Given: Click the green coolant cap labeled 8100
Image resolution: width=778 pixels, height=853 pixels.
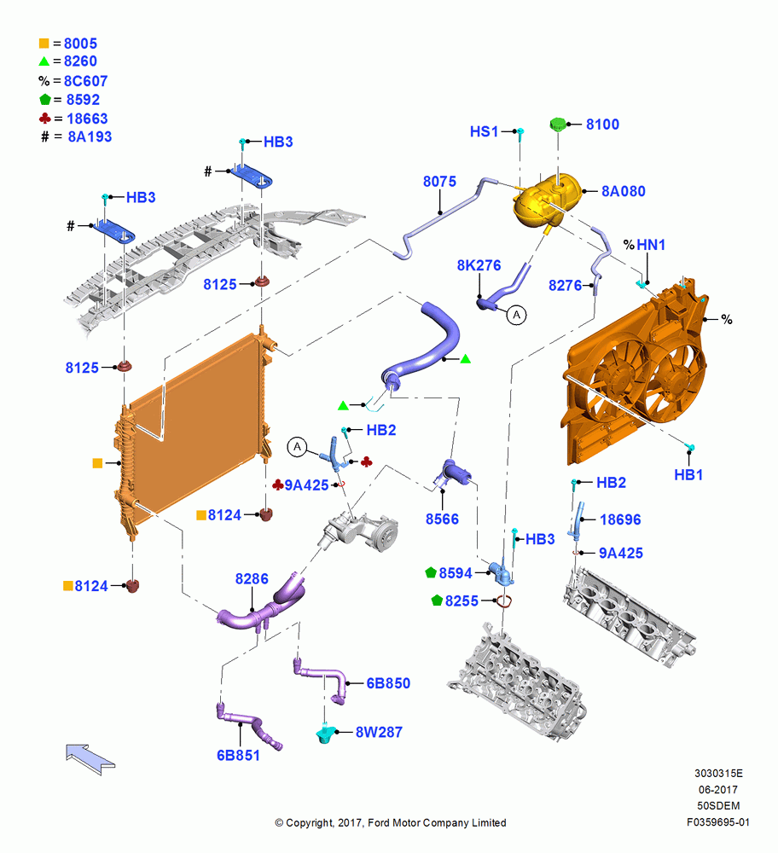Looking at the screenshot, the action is click(x=558, y=124).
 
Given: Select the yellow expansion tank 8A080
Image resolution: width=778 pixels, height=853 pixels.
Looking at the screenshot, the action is click(x=544, y=201).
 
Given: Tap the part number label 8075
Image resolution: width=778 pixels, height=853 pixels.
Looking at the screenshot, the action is click(x=439, y=181).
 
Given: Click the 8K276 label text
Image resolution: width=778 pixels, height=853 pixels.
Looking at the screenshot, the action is click(x=479, y=265).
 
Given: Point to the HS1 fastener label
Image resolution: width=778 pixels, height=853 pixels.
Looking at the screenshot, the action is click(x=485, y=131).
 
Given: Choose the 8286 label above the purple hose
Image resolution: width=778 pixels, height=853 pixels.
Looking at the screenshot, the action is click(x=252, y=578).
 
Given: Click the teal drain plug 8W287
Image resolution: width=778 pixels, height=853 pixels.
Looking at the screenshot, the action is click(x=324, y=734).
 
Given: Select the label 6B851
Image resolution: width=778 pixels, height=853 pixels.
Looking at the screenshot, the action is click(x=238, y=755).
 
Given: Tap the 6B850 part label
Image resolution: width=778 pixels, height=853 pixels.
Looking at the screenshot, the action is click(x=388, y=683).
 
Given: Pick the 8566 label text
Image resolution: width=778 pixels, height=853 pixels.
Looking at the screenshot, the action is click(x=443, y=519).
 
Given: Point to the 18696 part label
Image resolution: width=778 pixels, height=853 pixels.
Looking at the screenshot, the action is click(x=620, y=519).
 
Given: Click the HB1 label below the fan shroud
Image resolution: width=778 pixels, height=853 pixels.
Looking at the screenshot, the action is click(x=688, y=475).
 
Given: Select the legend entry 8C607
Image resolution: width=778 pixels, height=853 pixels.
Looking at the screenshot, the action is click(x=86, y=81).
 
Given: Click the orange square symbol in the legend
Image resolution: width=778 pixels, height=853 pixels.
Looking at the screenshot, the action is click(x=44, y=43).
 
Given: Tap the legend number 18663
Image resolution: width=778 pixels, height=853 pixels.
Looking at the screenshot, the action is click(x=87, y=119).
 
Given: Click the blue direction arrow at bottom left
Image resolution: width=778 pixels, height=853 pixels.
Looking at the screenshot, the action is click(x=90, y=759).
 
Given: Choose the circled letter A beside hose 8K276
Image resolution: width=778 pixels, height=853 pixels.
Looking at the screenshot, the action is click(x=516, y=315).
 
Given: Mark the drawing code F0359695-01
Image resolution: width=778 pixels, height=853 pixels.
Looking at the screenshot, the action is click(x=718, y=822).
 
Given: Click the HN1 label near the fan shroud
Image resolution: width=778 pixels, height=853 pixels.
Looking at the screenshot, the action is click(x=651, y=245).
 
